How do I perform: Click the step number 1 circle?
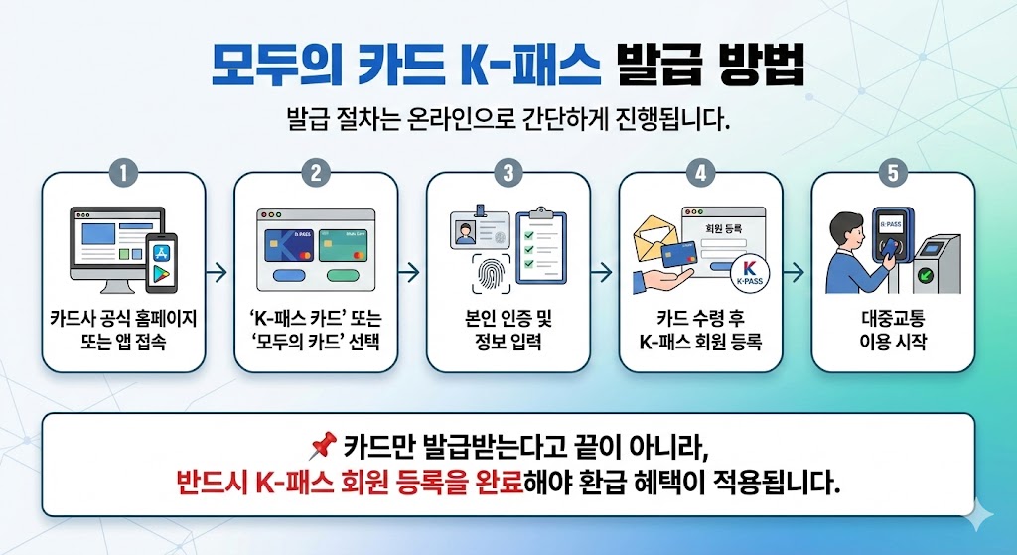pyautogui.click(x=122, y=172)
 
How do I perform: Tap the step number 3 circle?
pyautogui.click(x=508, y=172)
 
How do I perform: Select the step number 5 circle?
pyautogui.click(x=893, y=172)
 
